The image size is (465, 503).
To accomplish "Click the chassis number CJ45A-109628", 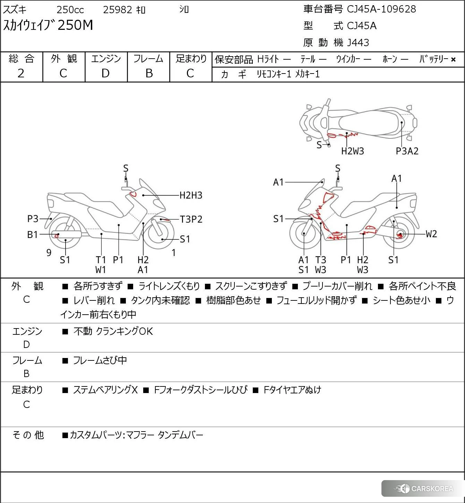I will pos(381,9).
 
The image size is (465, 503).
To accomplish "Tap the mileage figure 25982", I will pos(118,10).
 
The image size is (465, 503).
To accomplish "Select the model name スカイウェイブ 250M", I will pos(48,25).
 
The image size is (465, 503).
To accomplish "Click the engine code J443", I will pos(358,43).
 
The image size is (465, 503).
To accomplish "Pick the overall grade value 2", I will pos(21,74).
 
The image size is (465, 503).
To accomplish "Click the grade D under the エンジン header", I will pos(105,74).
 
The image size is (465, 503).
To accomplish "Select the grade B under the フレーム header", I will pos(149,74).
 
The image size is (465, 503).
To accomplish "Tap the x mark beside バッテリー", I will pos(453,60).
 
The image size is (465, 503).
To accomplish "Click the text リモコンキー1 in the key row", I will pos(274,74).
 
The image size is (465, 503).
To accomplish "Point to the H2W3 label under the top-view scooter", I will pos(352,151).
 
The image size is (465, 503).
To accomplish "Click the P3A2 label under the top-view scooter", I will pos(407,151).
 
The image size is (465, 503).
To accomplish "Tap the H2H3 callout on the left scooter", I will pos(191,196).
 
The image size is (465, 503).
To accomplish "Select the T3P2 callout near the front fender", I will pos(191,219).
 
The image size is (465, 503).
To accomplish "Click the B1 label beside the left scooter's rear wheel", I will pos(33,235).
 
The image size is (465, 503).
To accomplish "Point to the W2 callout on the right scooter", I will pos(431,234).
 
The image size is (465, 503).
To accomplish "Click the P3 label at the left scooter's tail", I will pos(33,219).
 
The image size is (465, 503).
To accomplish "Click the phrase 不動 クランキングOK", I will pos(113,332).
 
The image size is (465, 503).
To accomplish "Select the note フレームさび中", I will pos(100,361).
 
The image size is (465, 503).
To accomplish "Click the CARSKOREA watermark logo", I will pos(424,489).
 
